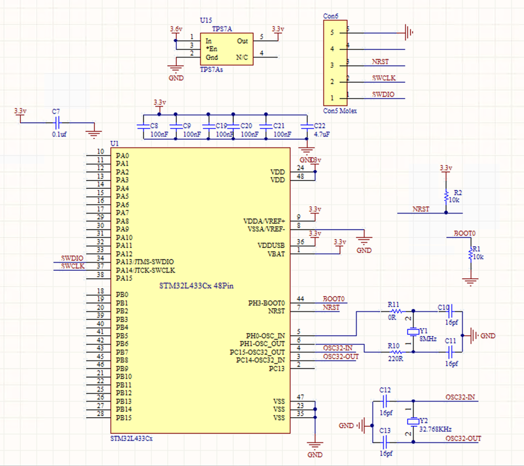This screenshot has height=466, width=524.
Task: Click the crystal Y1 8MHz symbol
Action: pyautogui.click(x=413, y=331)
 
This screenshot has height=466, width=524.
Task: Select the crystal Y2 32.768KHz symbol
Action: pyautogui.click(x=413, y=421)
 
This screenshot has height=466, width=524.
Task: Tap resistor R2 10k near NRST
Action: pyautogui.click(x=446, y=196)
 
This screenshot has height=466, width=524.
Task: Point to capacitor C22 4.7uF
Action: pyautogui.click(x=306, y=126)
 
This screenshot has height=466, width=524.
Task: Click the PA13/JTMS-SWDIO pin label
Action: pyautogui.click(x=145, y=261)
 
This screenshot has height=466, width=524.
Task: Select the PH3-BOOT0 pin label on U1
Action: pyautogui.click(x=266, y=303)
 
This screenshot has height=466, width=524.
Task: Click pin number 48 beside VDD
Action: pyautogui.click(x=300, y=176)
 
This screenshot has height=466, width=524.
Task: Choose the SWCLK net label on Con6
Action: pyautogui.click(x=384, y=78)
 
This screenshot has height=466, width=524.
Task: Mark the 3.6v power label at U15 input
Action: pyautogui.click(x=176, y=29)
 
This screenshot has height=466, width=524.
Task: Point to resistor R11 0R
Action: pyautogui.click(x=397, y=311)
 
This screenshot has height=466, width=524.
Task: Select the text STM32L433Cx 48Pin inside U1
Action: pyautogui.click(x=196, y=285)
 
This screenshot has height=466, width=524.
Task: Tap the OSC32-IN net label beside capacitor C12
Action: pyautogui.click(x=460, y=397)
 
